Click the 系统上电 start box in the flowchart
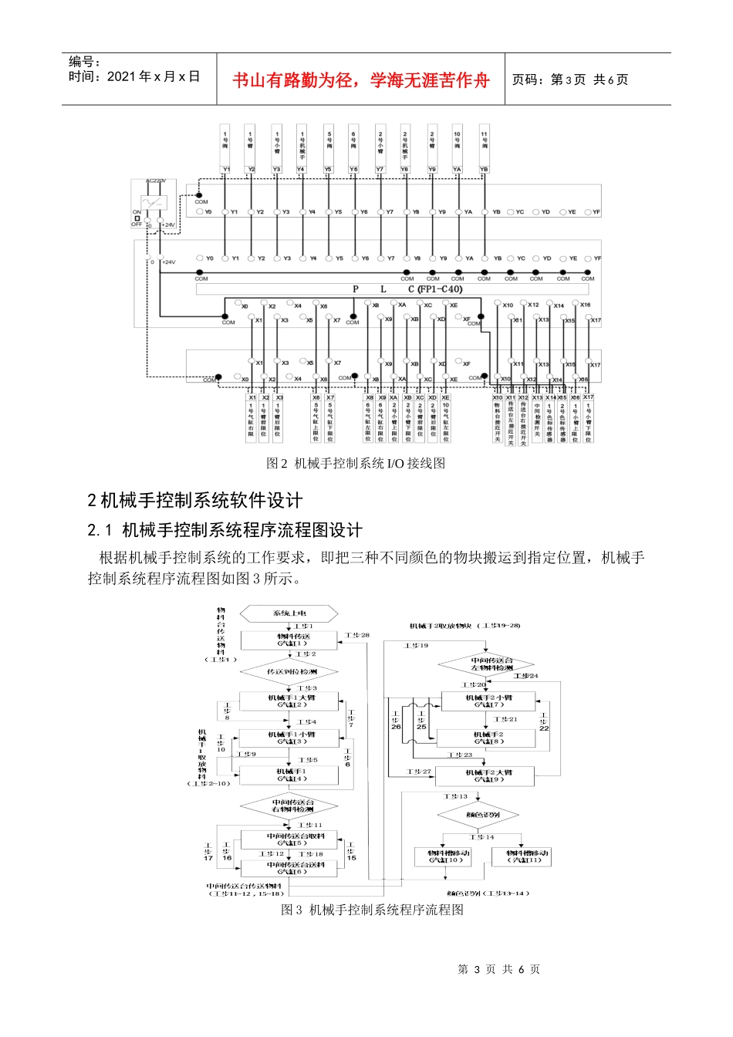click(289, 613)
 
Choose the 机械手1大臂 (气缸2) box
click(290, 701)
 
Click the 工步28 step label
click(357, 635)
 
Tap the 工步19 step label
click(416, 645)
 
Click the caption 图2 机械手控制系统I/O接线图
click(355, 463)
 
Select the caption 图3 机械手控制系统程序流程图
click(372, 910)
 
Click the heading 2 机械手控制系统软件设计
click(195, 500)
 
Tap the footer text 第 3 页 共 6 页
click(498, 969)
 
